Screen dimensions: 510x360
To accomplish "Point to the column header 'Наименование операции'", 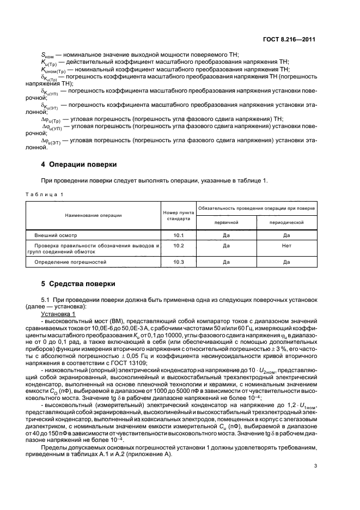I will [x=93, y=215].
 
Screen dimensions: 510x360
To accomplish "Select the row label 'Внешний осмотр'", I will [x=56, y=235].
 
